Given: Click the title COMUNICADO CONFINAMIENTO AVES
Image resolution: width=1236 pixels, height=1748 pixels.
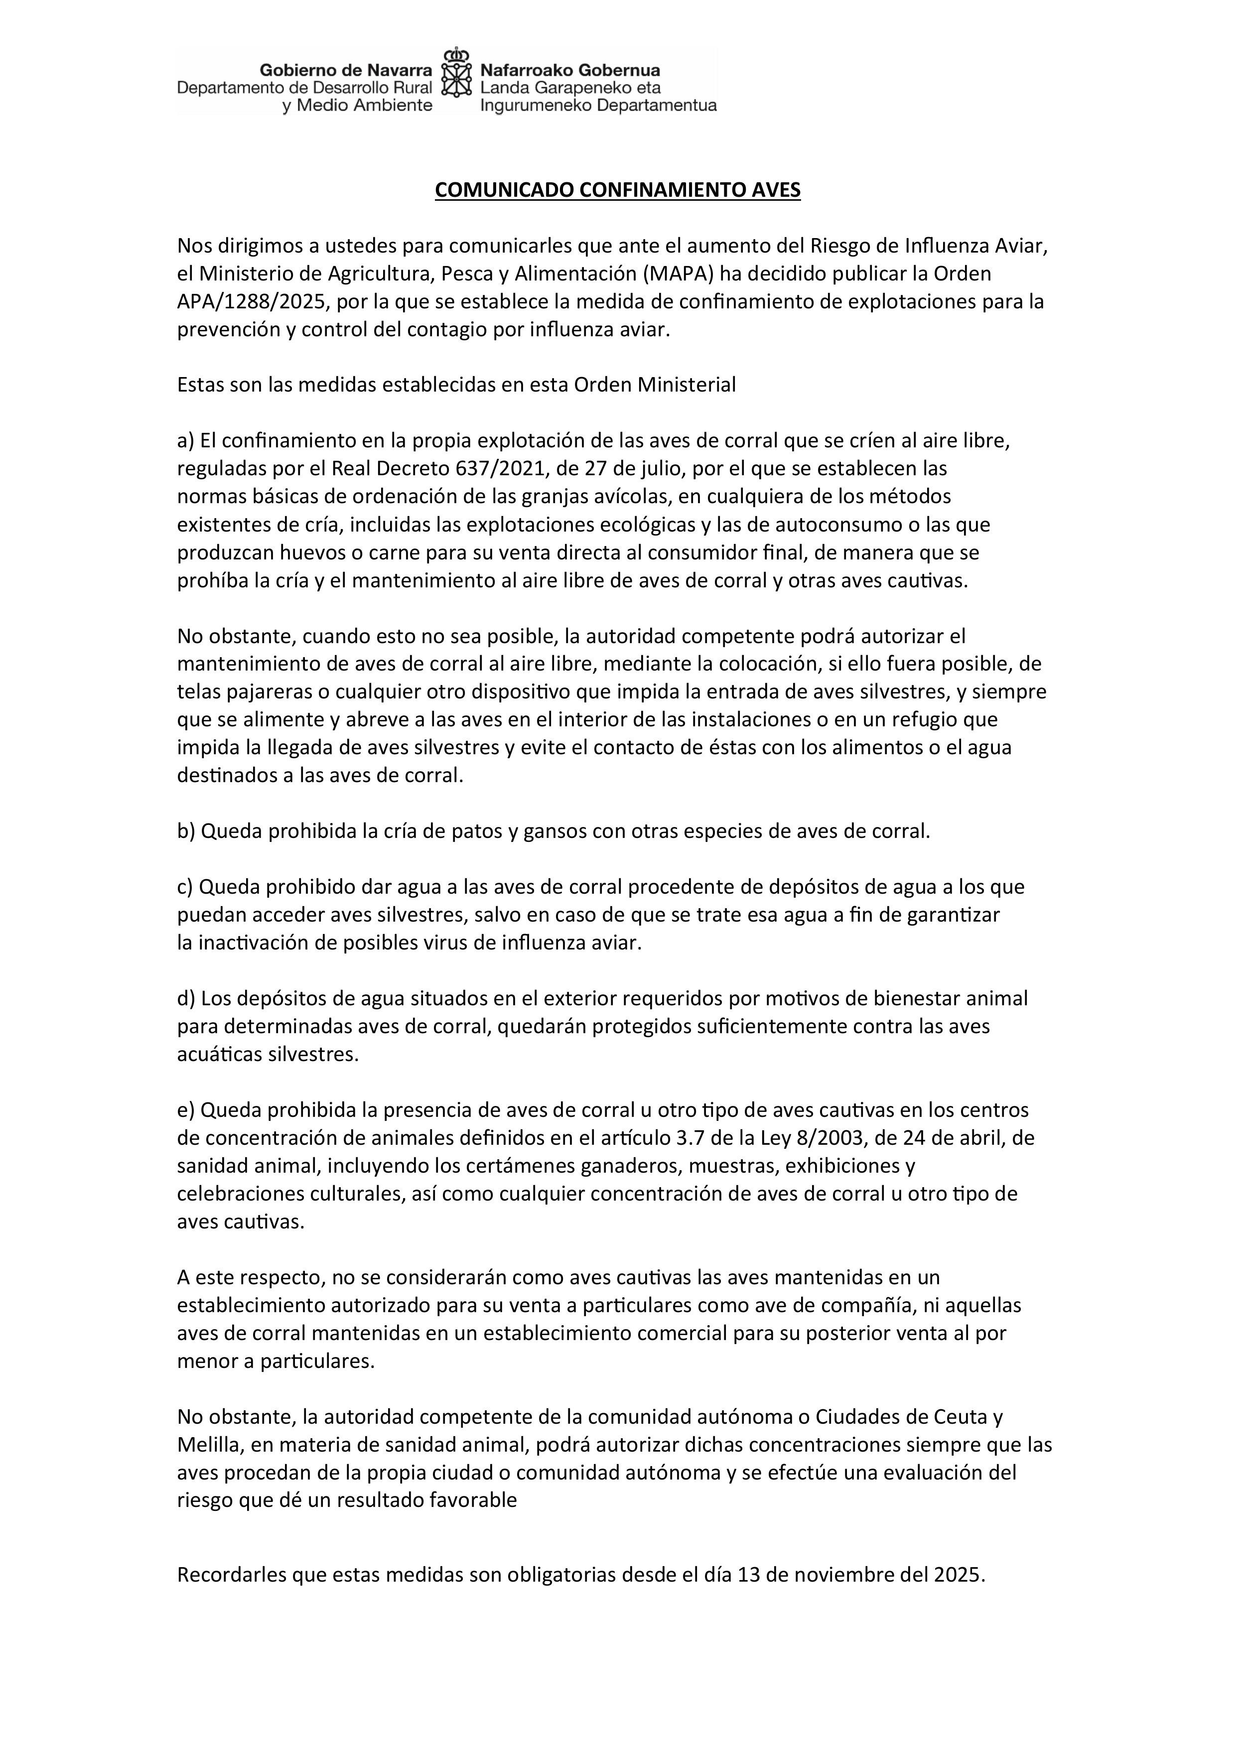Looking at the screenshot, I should [x=618, y=190].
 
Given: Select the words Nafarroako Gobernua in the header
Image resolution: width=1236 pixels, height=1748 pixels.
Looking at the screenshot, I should [x=569, y=71].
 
